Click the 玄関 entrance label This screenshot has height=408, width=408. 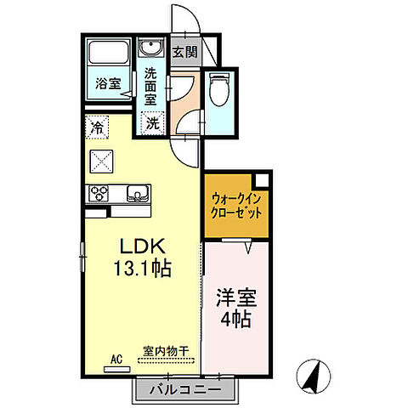tap(184, 50)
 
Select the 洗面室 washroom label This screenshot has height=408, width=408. tap(151, 85)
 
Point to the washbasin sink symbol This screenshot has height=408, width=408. tap(153, 48)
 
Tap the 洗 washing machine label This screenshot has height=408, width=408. tap(152, 123)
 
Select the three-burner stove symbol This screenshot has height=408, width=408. tap(96, 192)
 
